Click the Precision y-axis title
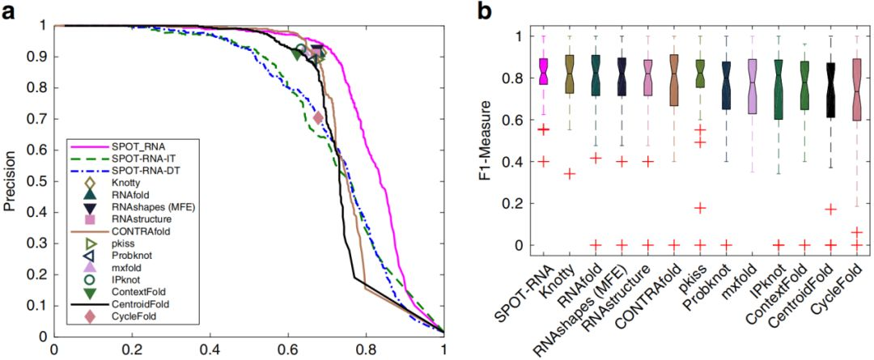coord(11,180)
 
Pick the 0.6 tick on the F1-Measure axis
coord(517,120)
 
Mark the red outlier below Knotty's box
coord(569,173)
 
